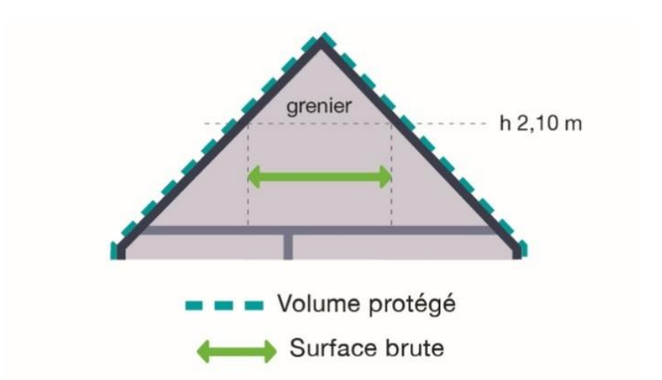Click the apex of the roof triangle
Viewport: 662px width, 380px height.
[320, 43]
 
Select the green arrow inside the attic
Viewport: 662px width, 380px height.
[320, 176]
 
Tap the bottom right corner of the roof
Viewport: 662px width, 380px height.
[520, 251]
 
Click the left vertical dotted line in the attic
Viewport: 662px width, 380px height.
[247, 178]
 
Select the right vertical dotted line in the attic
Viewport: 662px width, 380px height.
[391, 178]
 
